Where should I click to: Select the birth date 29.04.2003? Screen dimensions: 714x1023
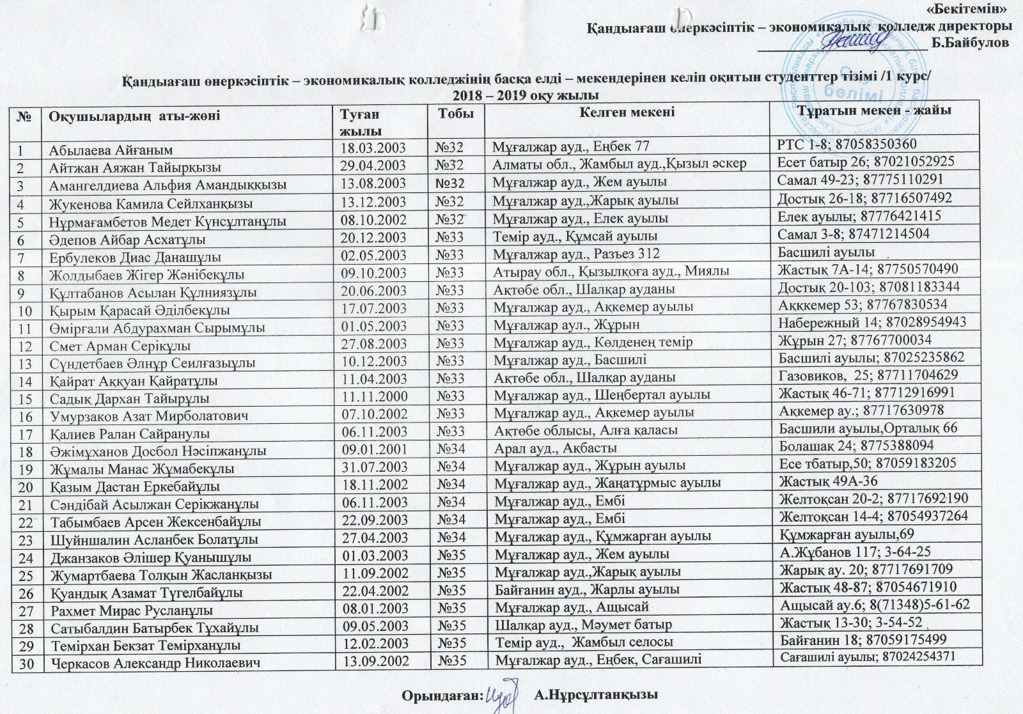373,167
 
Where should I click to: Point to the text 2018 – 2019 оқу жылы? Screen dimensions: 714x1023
525,96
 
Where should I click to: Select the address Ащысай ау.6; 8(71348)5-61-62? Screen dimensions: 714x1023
875,605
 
